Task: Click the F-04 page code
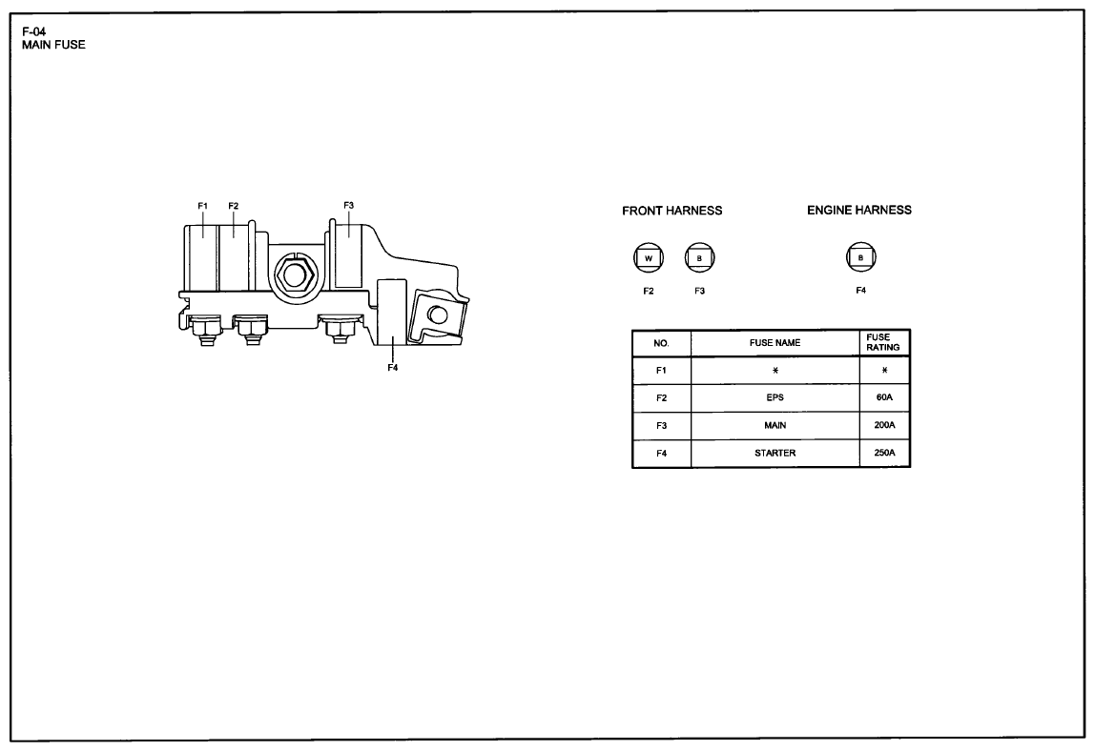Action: click(33, 31)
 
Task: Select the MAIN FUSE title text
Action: click(53, 45)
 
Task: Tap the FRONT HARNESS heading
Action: click(671, 211)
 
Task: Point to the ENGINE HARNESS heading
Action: click(859, 210)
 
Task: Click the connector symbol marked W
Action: click(648, 258)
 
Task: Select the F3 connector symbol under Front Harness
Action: click(699, 258)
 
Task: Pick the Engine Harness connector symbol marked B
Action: click(860, 257)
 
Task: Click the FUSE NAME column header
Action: click(775, 343)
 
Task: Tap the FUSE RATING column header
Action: click(882, 342)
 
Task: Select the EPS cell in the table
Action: click(775, 397)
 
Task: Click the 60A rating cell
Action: click(884, 397)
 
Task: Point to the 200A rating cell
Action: click(884, 425)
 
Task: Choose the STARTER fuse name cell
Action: click(775, 453)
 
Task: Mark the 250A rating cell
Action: click(884, 453)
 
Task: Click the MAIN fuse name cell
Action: click(775, 425)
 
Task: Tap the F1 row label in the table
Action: click(661, 371)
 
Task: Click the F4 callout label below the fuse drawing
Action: click(392, 368)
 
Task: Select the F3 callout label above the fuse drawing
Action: click(348, 206)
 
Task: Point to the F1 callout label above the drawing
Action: click(202, 207)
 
